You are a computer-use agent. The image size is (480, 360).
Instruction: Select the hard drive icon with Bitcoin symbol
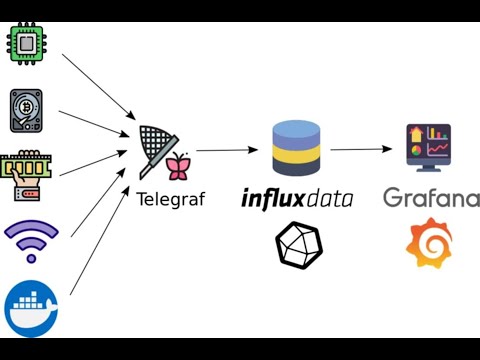click(27, 111)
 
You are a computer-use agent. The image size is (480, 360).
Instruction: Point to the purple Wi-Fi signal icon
click(31, 240)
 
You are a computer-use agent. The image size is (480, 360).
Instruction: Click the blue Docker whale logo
click(31, 307)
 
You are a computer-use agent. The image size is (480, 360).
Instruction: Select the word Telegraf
click(170, 199)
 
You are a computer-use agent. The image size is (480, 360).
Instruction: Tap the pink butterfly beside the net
click(179, 166)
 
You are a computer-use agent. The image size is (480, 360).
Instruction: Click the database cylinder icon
click(297, 147)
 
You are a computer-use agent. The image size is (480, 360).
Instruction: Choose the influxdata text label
click(297, 198)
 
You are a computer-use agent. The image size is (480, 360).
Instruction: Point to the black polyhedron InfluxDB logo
click(297, 245)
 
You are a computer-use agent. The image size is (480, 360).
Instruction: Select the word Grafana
click(430, 198)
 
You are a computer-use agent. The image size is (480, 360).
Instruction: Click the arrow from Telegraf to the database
click(227, 150)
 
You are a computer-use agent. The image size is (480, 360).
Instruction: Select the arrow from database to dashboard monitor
click(360, 149)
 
